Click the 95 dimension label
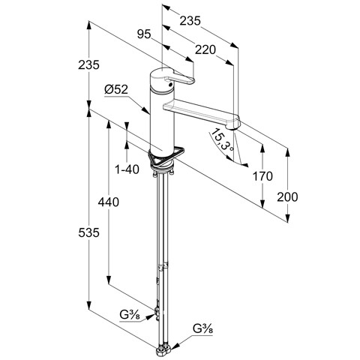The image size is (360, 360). tap(144, 34)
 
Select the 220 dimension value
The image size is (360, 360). tap(205, 49)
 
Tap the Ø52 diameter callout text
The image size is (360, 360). tap(116, 89)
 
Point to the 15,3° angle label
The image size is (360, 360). tap(222, 140)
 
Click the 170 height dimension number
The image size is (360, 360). tap(262, 176)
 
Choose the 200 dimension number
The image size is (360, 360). tap(287, 197)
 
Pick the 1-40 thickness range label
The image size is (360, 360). tap(127, 169)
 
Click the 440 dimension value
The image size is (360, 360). tap(108, 202)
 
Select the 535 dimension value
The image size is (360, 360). tap(88, 233)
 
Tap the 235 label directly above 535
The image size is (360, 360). tap(88, 65)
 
